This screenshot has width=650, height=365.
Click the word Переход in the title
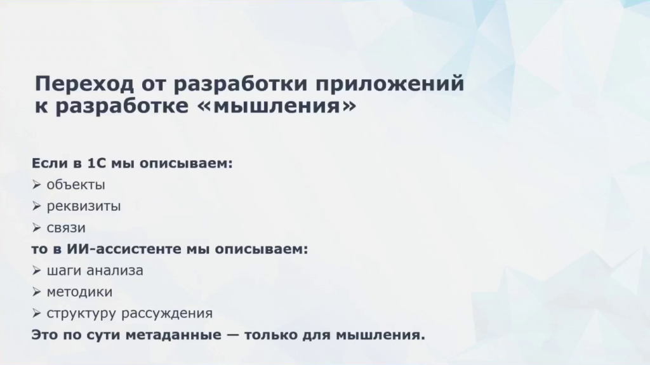[x=84, y=84]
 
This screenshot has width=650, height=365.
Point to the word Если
[x=50, y=163]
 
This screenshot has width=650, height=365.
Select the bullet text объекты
[x=76, y=185]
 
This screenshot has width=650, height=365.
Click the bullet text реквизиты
[x=84, y=206]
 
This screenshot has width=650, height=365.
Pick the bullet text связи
[x=66, y=228]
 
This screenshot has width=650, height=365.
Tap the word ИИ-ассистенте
[x=124, y=249]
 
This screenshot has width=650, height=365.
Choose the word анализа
[x=116, y=271]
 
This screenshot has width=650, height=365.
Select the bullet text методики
[x=79, y=292]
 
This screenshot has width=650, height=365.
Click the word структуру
[x=81, y=313]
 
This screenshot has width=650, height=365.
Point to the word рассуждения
[x=168, y=313]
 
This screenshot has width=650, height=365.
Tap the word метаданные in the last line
[x=174, y=335]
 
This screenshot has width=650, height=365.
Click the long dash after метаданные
[x=233, y=335]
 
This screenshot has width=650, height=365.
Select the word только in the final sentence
[x=270, y=335]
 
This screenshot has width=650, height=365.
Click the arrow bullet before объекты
[x=36, y=185]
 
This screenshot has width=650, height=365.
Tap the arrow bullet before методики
[x=36, y=292]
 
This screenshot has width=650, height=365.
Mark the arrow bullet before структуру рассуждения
[x=36, y=314]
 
